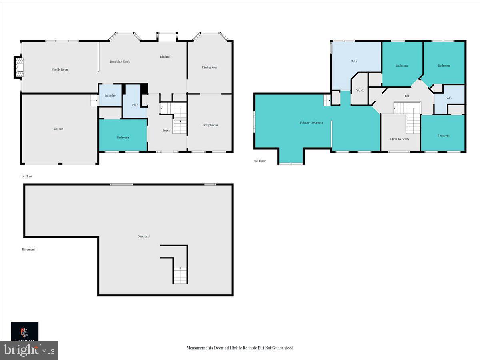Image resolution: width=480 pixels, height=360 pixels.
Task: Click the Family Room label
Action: pyautogui.click(x=60, y=70)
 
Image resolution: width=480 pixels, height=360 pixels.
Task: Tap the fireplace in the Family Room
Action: pyautogui.click(x=18, y=67)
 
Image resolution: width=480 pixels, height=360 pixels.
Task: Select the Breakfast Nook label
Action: pyautogui.click(x=120, y=62)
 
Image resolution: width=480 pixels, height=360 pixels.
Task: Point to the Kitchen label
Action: pyautogui.click(x=165, y=57)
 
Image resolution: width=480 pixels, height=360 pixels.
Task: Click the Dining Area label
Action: pyautogui.click(x=210, y=68)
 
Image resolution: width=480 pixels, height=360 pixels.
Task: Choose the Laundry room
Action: pyautogui.click(x=110, y=96)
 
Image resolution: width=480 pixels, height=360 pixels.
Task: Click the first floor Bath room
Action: pyautogui.click(x=135, y=105)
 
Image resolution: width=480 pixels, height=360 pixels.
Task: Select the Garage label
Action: pyautogui.click(x=58, y=129)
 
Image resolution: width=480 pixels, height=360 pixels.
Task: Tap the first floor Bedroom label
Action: pyautogui.click(x=123, y=138)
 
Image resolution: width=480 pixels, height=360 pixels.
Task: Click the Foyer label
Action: pyautogui.click(x=166, y=130)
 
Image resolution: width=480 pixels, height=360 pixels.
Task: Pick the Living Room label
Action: pyautogui.click(x=210, y=125)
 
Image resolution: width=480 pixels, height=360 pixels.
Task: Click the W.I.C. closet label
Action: pyautogui.click(x=360, y=90)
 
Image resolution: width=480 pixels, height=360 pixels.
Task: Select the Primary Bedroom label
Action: pyautogui.click(x=312, y=122)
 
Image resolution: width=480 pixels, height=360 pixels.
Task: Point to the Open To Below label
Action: pyautogui.click(x=400, y=139)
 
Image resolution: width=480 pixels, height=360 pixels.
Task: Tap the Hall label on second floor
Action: pyautogui.click(x=406, y=96)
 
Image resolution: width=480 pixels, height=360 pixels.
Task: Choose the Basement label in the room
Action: pyautogui.click(x=144, y=236)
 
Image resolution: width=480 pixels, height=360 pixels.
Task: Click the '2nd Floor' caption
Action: pyautogui.click(x=259, y=161)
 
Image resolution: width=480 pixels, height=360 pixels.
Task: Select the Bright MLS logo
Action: pyautogui.click(x=29, y=350)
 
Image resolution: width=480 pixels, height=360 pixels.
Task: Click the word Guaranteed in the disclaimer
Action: pyautogui.click(x=282, y=348)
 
